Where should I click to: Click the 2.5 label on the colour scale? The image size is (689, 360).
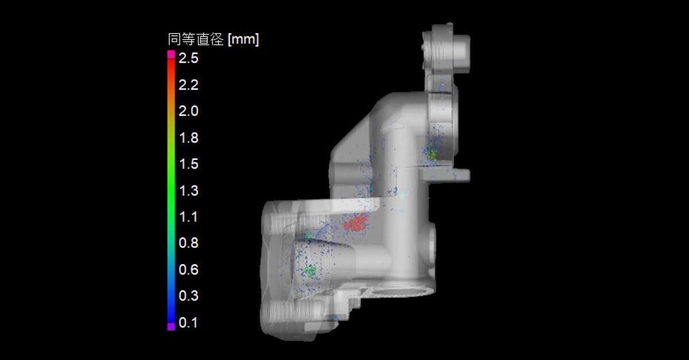coord(188,58)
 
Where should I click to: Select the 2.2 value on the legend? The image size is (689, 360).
coord(188,85)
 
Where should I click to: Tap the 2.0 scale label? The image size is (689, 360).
coord(188,111)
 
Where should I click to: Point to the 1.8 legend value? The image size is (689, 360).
coord(188,138)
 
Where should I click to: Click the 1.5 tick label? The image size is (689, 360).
coord(188,164)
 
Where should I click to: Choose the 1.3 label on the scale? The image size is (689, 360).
coord(188,191)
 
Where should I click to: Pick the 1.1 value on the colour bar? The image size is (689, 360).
coord(188,217)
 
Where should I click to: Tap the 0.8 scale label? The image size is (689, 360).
coord(188,243)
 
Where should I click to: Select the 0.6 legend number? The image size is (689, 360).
coord(188,270)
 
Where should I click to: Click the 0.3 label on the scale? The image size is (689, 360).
coord(188,296)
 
